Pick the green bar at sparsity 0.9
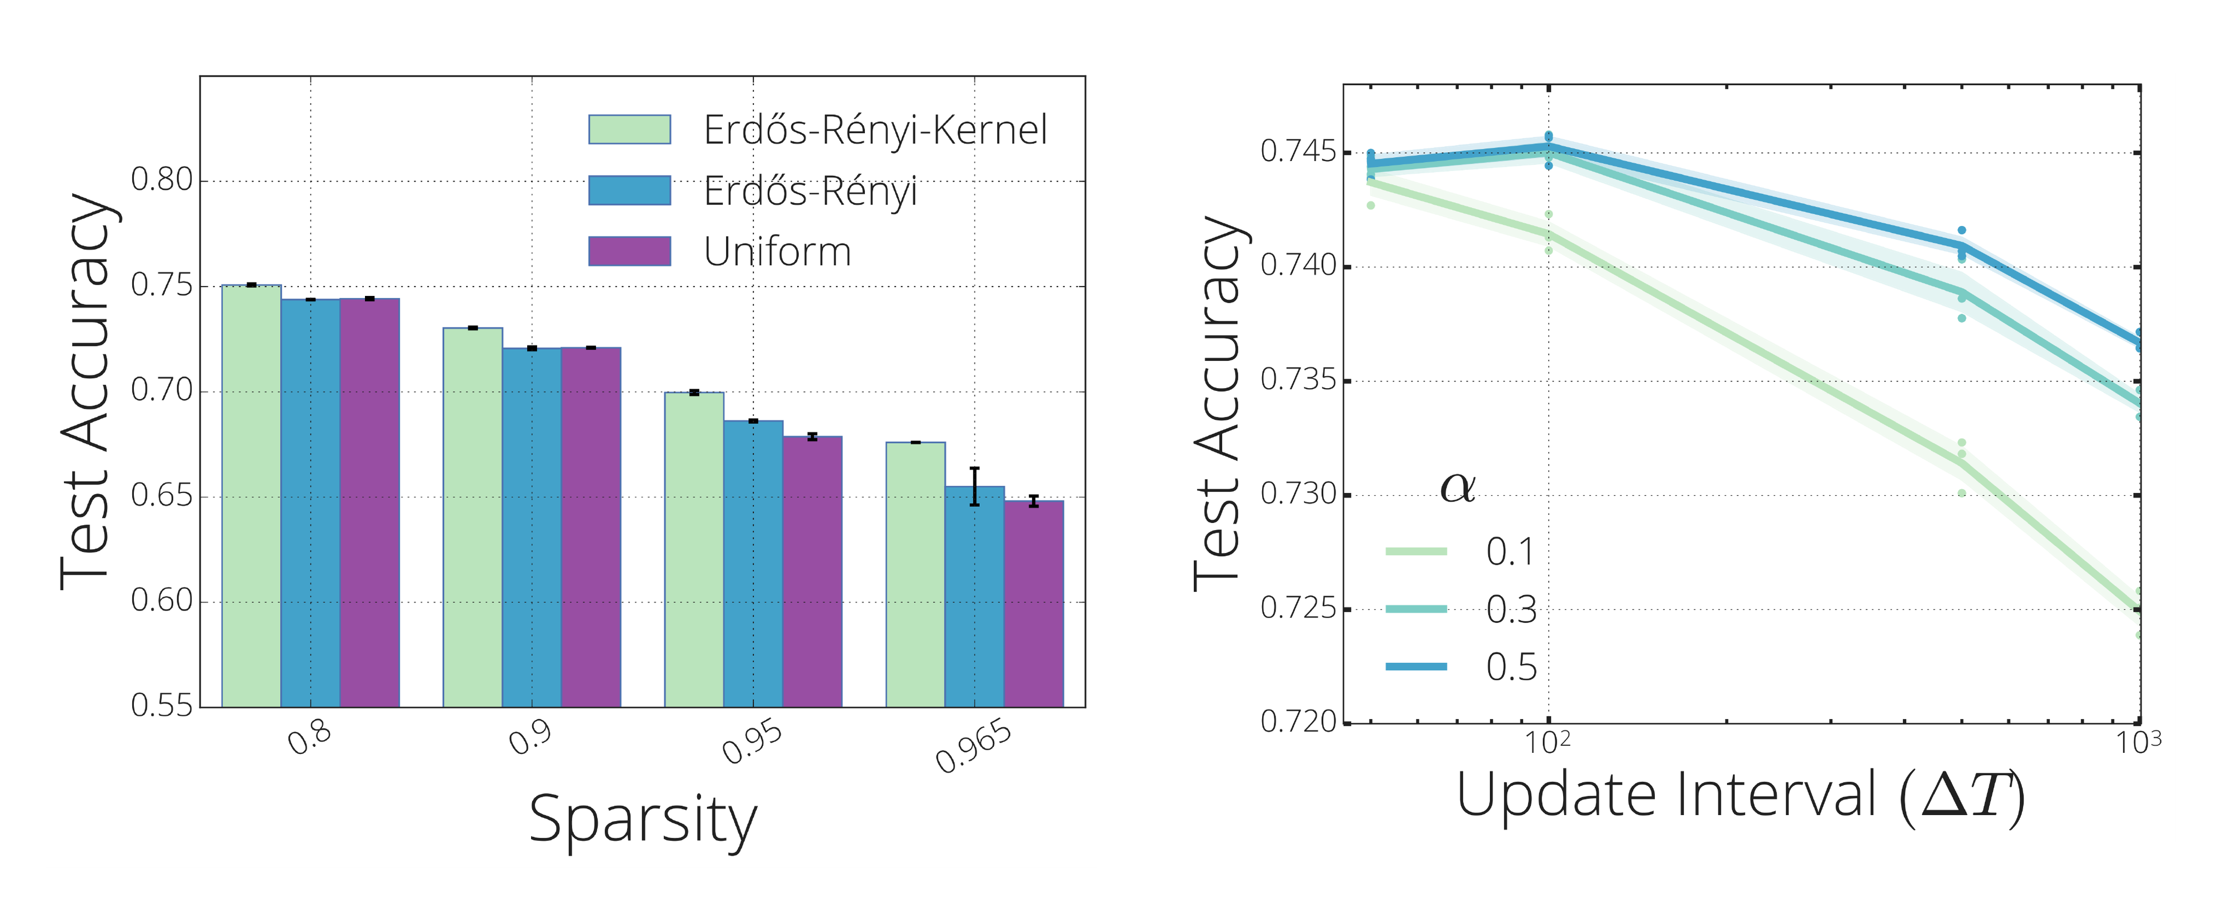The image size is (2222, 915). point(473,517)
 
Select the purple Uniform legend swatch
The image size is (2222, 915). point(630,251)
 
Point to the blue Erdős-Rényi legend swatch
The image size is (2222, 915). point(630,190)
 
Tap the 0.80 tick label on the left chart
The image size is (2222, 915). point(161,180)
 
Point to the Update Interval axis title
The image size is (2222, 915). point(1740,795)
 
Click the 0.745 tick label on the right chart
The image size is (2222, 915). point(1298,152)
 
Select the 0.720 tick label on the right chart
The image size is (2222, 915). point(1298,722)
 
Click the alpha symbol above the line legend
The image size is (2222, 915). point(1458,488)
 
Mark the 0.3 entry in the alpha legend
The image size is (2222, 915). point(1510,610)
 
